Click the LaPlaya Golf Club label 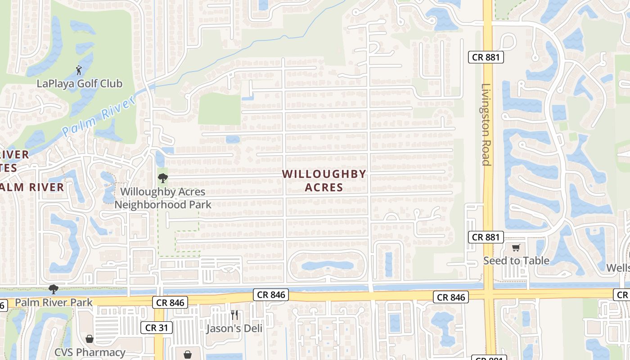click(79, 83)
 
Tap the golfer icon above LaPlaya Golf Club click(79, 70)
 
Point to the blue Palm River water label click(98, 116)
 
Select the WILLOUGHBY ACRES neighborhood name click(324, 180)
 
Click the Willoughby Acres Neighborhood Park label click(162, 198)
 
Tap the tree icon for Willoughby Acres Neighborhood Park click(163, 178)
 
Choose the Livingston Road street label click(486, 125)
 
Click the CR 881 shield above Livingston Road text click(486, 57)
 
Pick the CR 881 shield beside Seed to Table click(486, 237)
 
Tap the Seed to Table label click(516, 261)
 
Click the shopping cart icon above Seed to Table click(516, 247)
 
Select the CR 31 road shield click(156, 328)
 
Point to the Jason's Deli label click(234, 328)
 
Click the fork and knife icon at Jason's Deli click(234, 315)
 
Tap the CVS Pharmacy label click(90, 352)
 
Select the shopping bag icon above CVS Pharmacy click(90, 339)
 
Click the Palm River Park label click(54, 302)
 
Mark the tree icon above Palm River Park click(54, 288)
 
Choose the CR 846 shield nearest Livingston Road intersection click(451, 297)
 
